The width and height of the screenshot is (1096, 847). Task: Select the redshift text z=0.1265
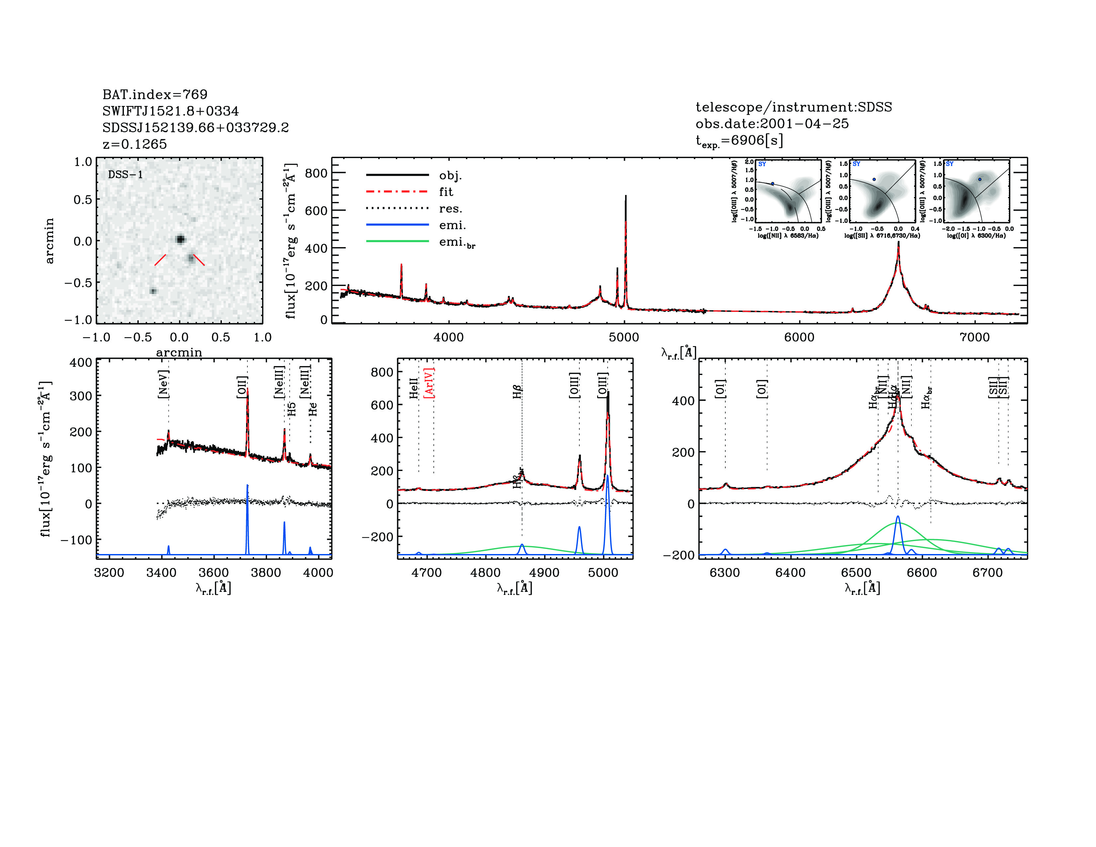pyautogui.click(x=135, y=144)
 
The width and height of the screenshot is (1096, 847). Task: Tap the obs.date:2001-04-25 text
pyautogui.click(x=772, y=124)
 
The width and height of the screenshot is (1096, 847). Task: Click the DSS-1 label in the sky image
pyautogui.click(x=126, y=175)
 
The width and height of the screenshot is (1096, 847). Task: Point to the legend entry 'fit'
pyautogui.click(x=446, y=192)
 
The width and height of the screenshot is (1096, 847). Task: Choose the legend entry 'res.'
pyautogui.click(x=450, y=208)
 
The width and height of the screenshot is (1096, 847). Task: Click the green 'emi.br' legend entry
pyautogui.click(x=457, y=242)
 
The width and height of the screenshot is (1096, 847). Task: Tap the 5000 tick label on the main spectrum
pyautogui.click(x=624, y=337)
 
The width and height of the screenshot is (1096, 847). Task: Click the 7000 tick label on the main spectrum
pyautogui.click(x=974, y=337)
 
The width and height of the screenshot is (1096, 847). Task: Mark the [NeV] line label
pyautogui.click(x=163, y=384)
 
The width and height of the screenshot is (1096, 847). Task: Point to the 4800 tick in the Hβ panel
pyautogui.click(x=486, y=573)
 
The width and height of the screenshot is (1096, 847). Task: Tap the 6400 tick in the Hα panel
pyautogui.click(x=790, y=573)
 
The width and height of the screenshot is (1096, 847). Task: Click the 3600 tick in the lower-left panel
pyautogui.click(x=214, y=573)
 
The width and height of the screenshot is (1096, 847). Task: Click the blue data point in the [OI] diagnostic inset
pyautogui.click(x=979, y=179)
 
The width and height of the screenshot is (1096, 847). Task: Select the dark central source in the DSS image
pyautogui.click(x=180, y=239)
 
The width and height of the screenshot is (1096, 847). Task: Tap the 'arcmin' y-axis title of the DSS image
pyautogui.click(x=49, y=241)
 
